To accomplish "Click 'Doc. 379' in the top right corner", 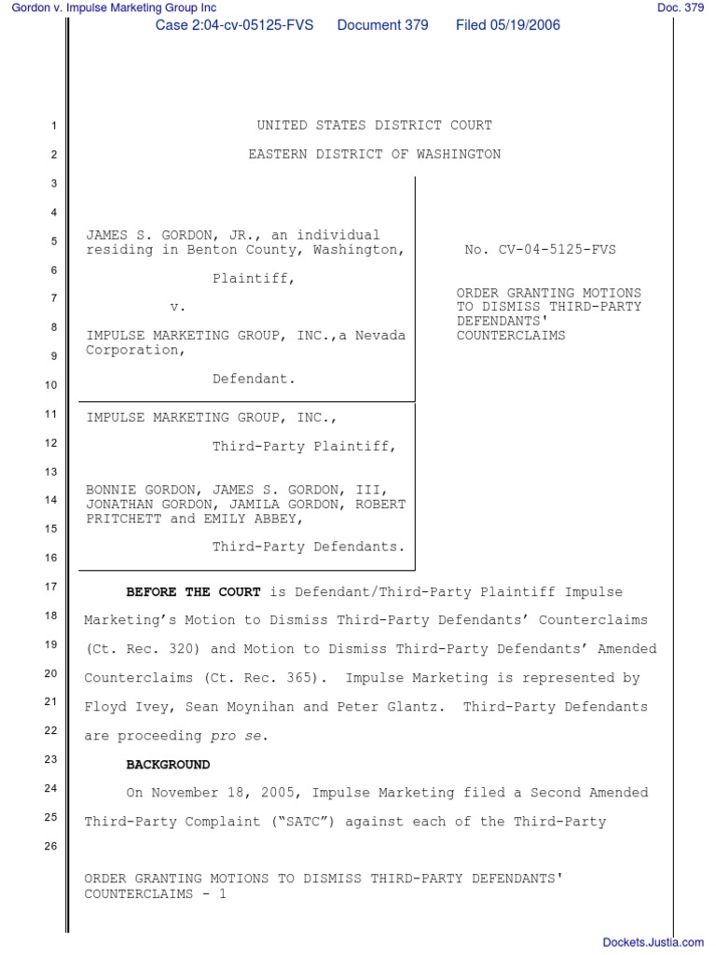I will click(x=681, y=8).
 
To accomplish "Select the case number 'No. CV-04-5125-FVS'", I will click(x=540, y=250).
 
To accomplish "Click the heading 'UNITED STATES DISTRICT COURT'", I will click(x=374, y=125).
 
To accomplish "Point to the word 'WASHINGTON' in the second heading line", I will click(x=456, y=154).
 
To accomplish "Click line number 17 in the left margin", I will click(x=51, y=587).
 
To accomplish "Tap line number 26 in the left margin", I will click(x=51, y=847).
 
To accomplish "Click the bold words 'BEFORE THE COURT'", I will click(x=196, y=592).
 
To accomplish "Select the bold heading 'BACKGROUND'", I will click(x=168, y=765).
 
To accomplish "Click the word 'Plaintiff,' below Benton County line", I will click(x=254, y=278).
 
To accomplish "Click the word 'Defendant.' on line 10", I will click(x=254, y=379).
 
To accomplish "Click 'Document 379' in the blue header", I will click(x=382, y=25).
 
